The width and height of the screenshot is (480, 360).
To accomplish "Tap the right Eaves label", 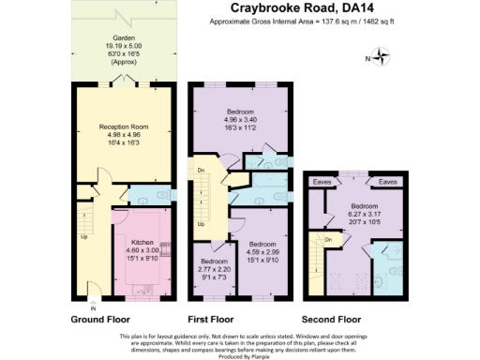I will (x=388, y=182).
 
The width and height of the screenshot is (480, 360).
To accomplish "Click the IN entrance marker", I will (x=92, y=307).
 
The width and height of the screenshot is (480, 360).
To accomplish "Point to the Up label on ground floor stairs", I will (x=86, y=236).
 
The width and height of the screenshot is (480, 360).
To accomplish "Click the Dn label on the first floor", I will (x=200, y=170).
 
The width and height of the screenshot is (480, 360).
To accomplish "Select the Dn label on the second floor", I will (x=328, y=240).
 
